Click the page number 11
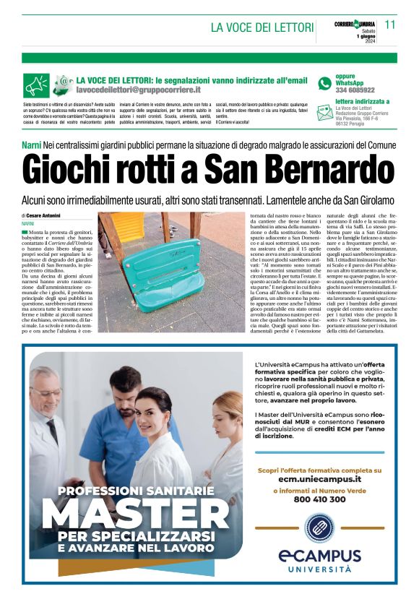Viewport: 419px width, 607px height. pyautogui.click(x=390, y=24)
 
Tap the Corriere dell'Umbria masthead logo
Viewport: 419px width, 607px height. pyautogui.click(x=354, y=24)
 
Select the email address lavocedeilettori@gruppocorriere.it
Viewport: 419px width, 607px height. pyautogui.click(x=138, y=90)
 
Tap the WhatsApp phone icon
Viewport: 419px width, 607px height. pyautogui.click(x=325, y=83)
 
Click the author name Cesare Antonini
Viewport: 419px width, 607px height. pyautogui.click(x=43, y=215)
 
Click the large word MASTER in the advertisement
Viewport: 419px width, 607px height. pyautogui.click(x=141, y=516)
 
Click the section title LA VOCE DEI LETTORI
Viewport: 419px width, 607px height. pyautogui.click(x=262, y=27)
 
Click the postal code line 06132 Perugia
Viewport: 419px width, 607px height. pyautogui.click(x=353, y=123)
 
